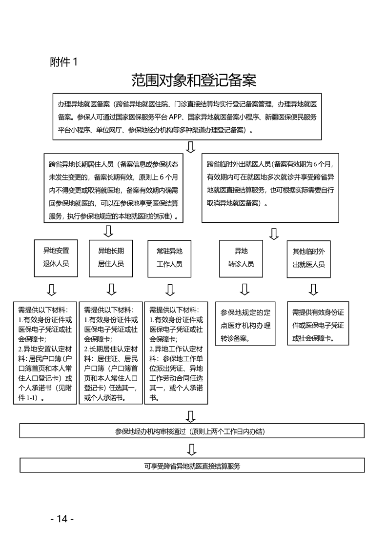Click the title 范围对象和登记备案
pos(193,80)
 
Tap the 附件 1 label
pos(63,62)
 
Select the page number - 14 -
pos(62,518)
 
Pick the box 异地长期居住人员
pos(111,258)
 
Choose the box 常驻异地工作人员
pos(169,258)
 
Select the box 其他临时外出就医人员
pos(308,258)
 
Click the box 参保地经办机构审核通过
pos(192,431)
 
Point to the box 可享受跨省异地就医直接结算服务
pos(192,466)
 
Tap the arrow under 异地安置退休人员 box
pos(51,290)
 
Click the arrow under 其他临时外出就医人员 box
pos(313,290)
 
